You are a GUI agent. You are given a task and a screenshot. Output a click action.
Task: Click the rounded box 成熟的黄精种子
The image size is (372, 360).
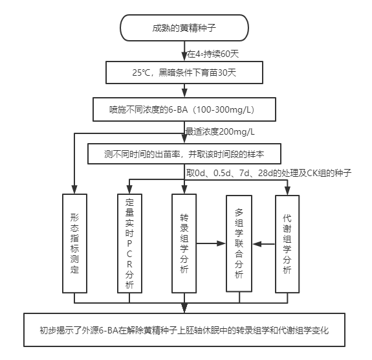point(184,28)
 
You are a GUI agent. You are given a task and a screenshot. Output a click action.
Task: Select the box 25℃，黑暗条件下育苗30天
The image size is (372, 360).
point(184,73)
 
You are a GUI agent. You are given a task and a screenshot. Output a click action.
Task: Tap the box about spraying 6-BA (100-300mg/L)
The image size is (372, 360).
point(184,109)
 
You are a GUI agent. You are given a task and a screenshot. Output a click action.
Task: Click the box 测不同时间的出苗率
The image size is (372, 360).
point(184,154)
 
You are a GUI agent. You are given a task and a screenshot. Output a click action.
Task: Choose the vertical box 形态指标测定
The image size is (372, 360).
point(75,243)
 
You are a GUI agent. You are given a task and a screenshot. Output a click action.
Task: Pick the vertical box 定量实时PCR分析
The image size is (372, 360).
point(130,243)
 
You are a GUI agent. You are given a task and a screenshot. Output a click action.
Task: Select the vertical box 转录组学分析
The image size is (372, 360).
point(184,243)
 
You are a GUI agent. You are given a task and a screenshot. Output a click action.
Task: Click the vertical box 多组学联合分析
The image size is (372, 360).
point(239,243)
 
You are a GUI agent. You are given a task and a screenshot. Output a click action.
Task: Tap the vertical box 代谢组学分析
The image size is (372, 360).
point(287,244)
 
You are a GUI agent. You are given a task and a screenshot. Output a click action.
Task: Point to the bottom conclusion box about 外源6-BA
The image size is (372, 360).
point(184,330)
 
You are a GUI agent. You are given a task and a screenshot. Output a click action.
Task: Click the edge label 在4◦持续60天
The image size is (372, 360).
point(213,54)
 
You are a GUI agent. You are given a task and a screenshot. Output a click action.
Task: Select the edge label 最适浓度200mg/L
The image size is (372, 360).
point(220,131)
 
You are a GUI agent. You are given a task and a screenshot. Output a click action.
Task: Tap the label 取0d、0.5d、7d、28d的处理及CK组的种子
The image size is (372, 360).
point(268,173)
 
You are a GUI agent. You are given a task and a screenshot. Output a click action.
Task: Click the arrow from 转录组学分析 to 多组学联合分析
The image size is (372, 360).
point(211,243)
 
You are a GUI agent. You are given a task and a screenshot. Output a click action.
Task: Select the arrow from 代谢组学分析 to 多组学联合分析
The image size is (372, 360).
point(264,244)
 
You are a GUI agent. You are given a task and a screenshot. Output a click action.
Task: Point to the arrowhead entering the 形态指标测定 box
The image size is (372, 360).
point(74,190)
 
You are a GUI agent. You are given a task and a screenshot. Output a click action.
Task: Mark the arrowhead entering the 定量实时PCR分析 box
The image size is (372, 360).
point(129,190)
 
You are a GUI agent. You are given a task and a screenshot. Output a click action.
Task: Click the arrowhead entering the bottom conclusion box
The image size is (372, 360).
point(184,309)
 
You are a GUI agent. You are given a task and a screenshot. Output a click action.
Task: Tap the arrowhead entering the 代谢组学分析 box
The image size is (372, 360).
point(287,191)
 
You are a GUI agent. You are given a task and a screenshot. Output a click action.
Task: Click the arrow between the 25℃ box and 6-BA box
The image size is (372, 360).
point(184,91)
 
